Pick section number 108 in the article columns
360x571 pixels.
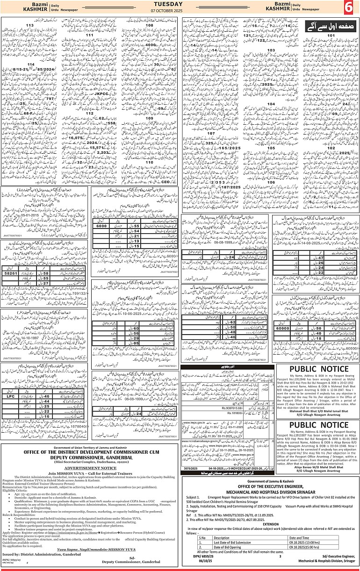point(149,25)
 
